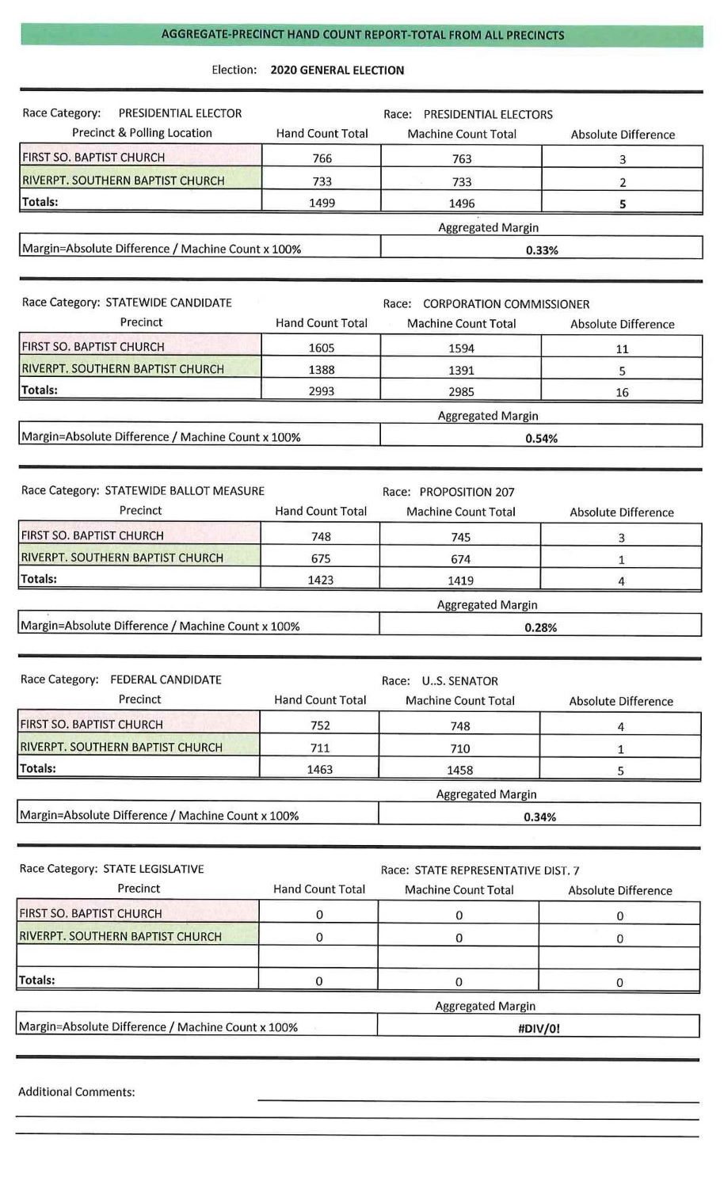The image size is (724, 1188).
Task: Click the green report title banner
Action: [x=362, y=35]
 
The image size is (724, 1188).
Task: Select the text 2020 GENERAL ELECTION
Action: [x=337, y=70]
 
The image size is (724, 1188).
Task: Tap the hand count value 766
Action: [x=322, y=158]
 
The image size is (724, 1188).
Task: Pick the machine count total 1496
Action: [x=461, y=204]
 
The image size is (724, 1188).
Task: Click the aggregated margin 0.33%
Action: [x=542, y=250]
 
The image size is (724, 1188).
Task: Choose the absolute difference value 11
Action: [x=622, y=348]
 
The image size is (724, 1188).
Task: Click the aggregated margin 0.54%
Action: [x=542, y=438]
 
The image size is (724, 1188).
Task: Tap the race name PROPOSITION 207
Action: [x=467, y=492]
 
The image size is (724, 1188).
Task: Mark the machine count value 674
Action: [x=460, y=559]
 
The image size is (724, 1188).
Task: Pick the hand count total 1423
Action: [x=320, y=580]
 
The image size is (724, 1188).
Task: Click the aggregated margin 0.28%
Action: [x=541, y=627]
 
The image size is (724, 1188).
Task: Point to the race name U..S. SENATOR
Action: [x=459, y=681]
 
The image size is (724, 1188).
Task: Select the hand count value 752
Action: [x=320, y=725]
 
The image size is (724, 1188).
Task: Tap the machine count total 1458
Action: [x=459, y=770]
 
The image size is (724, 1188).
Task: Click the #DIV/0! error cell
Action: [x=539, y=1029]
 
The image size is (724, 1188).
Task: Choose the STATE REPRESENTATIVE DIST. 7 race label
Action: [x=497, y=870]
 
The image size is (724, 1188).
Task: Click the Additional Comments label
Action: [x=76, y=1092]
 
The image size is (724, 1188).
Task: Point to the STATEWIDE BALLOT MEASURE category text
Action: [x=185, y=490]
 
